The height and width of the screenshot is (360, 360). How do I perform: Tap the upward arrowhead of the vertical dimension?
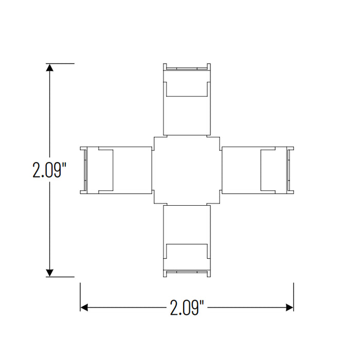click(50, 68)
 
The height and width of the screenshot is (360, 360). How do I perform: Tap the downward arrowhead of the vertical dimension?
click(50, 272)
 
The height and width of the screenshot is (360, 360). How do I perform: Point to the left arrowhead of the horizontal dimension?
click(85, 308)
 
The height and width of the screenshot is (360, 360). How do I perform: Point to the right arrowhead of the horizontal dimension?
click(289, 308)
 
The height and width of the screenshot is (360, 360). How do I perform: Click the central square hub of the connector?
click(187, 170)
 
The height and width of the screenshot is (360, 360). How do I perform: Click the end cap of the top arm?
click(187, 67)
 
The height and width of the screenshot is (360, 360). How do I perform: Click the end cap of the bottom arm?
click(187, 273)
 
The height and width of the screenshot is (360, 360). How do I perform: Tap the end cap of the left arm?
click(83, 170)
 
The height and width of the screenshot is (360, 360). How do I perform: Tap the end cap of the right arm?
click(290, 170)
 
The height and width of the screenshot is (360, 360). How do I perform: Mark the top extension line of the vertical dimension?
click(62, 63)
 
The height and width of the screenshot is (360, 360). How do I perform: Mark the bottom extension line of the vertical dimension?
click(62, 277)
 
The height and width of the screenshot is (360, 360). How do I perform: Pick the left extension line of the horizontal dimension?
click(80, 296)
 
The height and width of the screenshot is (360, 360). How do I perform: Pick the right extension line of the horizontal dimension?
click(293, 296)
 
